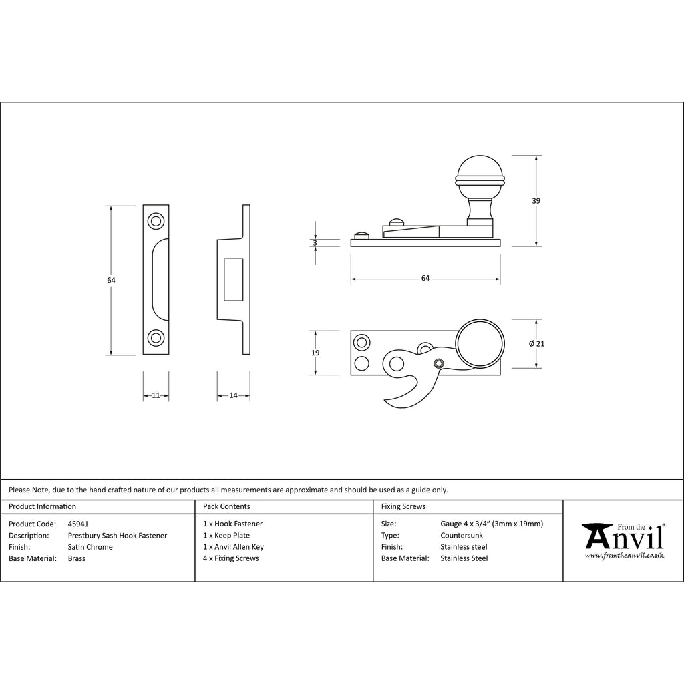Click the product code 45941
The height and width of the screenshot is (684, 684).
pyautogui.click(x=78, y=524)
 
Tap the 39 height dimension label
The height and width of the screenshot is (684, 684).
pyautogui.click(x=536, y=201)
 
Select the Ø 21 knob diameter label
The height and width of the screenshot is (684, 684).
pyautogui.click(x=536, y=344)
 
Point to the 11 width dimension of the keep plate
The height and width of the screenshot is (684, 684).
pyautogui.click(x=156, y=395)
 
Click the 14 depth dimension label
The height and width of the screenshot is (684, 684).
pyautogui.click(x=233, y=395)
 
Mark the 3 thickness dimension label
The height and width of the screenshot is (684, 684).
pyautogui.click(x=315, y=243)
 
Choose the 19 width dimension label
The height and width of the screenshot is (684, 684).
pyautogui.click(x=315, y=353)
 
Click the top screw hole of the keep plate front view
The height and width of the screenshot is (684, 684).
pyautogui.click(x=156, y=221)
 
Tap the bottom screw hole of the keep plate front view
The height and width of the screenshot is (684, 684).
pyautogui.click(x=156, y=338)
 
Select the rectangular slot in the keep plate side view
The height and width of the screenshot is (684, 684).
pyautogui.click(x=233, y=280)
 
